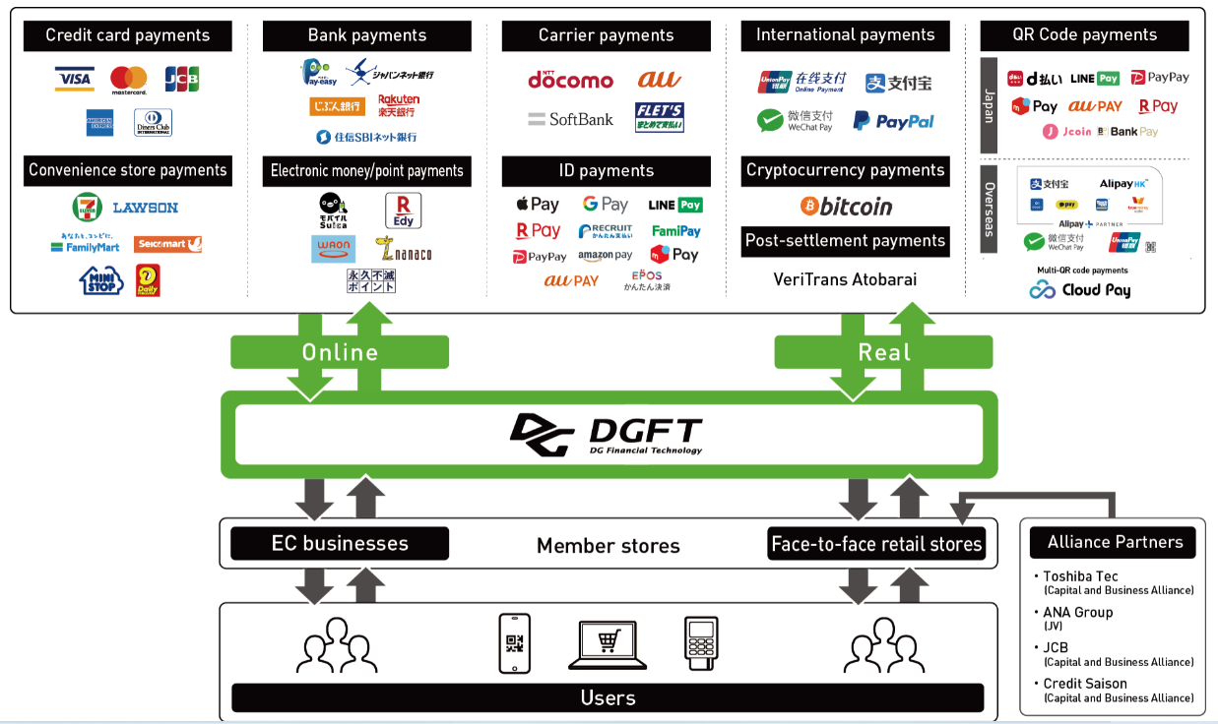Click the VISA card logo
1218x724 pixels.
74,79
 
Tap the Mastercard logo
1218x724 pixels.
128,80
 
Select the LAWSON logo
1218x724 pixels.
145,208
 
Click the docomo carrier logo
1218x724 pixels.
570,79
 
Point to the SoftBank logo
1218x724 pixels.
571,119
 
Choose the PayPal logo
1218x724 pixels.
893,121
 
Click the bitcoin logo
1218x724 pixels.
846,207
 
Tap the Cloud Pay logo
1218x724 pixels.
1080,290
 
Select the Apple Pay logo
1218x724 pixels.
538,205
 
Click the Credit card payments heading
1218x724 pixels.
128,36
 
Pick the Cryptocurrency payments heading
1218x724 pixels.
845,171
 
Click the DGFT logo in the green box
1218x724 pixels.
607,435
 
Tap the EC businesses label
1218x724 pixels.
340,544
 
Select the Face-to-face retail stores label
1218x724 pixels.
876,544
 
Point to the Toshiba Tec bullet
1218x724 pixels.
1080,576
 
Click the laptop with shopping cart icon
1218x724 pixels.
608,644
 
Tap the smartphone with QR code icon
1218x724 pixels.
514,643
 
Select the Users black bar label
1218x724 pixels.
608,698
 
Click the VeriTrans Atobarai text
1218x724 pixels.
845,279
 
